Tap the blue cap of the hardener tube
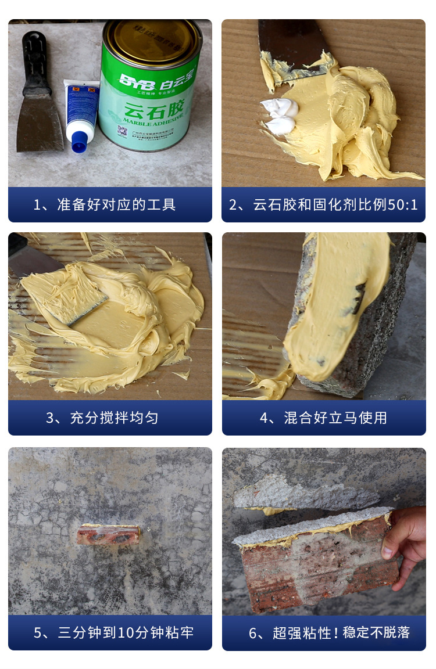click(x=78, y=142)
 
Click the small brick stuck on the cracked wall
click(x=109, y=534)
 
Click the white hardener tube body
click(x=81, y=107)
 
